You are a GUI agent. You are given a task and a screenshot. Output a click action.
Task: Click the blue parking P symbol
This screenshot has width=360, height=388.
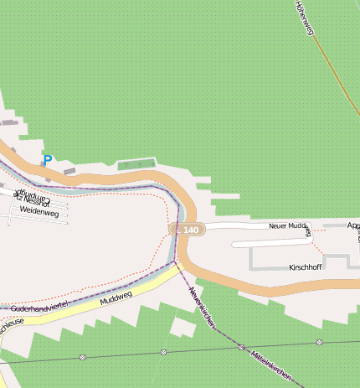coord(48,159)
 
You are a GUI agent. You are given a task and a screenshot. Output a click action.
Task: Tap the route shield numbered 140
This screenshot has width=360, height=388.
coord(187,230)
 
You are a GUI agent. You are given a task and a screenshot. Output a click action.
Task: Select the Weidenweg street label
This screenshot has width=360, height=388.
coord(39,213)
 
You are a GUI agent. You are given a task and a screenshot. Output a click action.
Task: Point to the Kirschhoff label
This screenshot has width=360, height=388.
coord(305,266)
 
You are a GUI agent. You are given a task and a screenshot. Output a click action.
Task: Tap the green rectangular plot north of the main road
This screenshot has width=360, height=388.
coord(137,163)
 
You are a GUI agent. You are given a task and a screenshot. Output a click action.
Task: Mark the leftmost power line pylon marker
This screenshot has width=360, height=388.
coord(82,357)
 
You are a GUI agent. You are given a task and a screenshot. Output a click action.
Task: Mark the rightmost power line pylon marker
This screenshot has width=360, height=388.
coord(319,342)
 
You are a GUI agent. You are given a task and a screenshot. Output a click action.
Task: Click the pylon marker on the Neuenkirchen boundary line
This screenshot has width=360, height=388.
coord(241,346)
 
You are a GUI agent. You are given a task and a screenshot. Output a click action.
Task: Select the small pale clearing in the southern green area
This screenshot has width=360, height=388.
coord(181,326)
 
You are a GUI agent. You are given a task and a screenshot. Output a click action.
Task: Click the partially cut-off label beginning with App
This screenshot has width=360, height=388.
coord(353,225)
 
